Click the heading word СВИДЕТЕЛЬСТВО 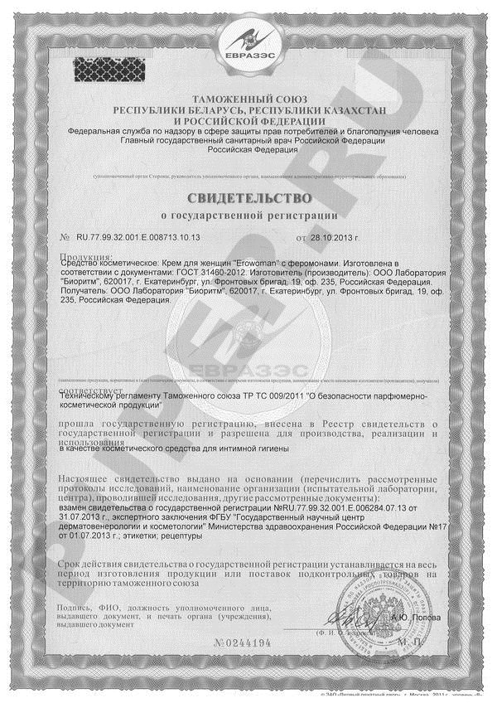(248, 198)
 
